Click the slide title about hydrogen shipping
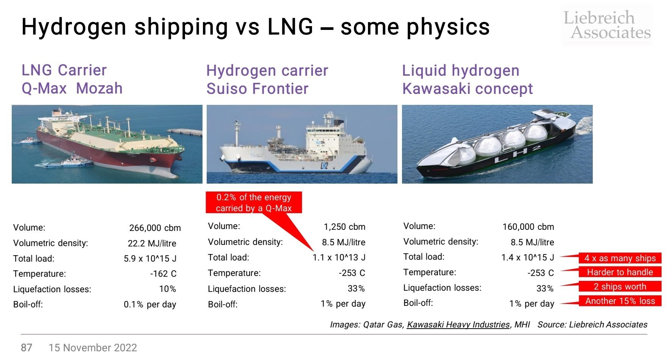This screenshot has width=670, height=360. [256, 27]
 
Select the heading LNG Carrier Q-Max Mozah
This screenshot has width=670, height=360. [72, 79]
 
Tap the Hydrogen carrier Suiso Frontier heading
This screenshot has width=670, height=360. [267, 79]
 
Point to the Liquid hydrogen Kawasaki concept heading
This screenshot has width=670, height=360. [467, 79]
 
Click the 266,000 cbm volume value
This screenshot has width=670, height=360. [155, 228]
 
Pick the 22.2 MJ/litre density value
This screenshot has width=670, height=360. [152, 243]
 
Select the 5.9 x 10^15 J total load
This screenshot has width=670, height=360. [150, 259]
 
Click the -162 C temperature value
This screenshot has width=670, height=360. [163, 274]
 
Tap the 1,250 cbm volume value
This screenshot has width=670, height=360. [344, 227]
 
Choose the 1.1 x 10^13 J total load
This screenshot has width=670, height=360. [339, 258]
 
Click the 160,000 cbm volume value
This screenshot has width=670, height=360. [528, 227]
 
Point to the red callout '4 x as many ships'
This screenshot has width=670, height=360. [620, 258]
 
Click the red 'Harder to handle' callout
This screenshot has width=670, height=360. [620, 272]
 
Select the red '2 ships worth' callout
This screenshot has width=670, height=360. [620, 287]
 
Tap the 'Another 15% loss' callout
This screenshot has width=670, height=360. [620, 301]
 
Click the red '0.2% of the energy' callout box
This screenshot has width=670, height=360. [254, 203]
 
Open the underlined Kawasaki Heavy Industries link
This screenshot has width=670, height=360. [458, 324]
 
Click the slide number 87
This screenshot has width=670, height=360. [26, 348]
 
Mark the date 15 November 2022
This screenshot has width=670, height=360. [93, 348]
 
